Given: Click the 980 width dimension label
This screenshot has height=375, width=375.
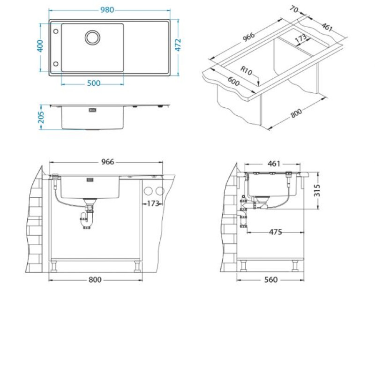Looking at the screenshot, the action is (107, 10).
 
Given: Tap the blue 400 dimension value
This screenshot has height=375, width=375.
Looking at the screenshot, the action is (40, 46).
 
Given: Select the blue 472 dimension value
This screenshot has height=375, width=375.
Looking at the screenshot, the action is (178, 45).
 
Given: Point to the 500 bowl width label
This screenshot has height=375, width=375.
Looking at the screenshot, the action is (93, 83).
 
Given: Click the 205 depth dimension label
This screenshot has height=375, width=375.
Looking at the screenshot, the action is (41, 117).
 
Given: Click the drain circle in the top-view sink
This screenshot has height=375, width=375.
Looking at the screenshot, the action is (92, 37).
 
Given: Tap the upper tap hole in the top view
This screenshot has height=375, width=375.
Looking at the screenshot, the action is (56, 31).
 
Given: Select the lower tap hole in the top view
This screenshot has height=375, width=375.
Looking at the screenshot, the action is (56, 64).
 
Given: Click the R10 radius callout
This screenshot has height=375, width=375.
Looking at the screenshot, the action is (246, 71).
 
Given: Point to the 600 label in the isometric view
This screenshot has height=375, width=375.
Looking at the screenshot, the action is (233, 81).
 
